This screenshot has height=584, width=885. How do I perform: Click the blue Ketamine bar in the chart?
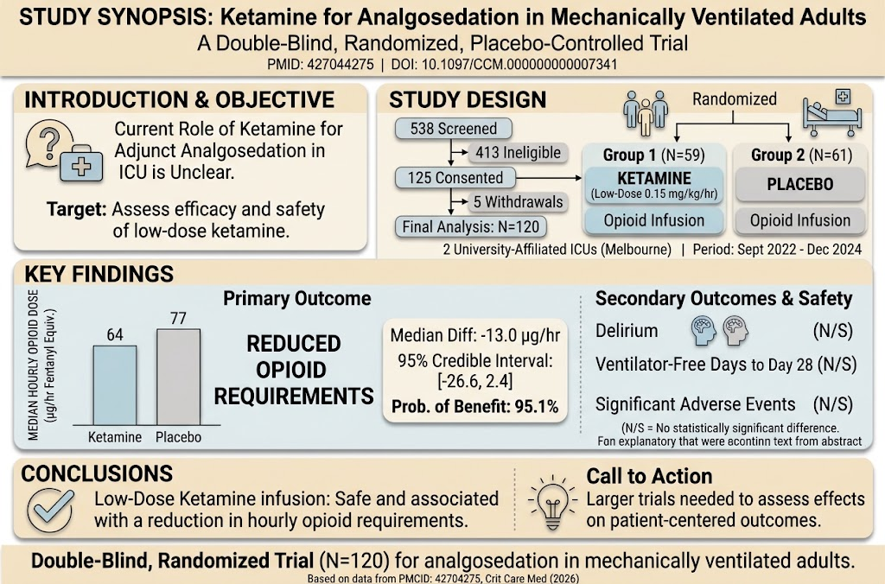pos(115,385)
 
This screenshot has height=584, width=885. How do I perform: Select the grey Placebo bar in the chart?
pos(178,377)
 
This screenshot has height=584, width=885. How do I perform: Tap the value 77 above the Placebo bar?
pos(178,318)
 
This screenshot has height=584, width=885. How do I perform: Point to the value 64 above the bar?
pos(115,334)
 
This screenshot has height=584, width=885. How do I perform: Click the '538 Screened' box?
pos(454,129)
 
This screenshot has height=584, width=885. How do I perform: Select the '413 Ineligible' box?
pos(518,152)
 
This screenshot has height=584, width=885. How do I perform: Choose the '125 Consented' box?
pos(455,178)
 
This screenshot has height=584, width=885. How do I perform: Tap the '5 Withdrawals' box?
pos(518,202)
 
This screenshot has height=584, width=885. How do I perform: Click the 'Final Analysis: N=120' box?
pos(471,227)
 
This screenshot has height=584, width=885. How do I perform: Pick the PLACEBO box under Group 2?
pos(799,185)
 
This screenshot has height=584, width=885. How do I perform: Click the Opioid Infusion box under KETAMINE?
pos(653,220)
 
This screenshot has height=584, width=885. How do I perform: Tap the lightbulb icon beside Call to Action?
pos(552,501)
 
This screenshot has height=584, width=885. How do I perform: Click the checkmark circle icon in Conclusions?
pos(50,510)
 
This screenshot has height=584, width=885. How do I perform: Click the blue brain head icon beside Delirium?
pos(704,331)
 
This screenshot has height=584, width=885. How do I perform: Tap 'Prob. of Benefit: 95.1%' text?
pos(474,406)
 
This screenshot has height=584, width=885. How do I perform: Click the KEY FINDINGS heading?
pos(99,274)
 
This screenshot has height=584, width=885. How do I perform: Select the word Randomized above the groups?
pos(735,99)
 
